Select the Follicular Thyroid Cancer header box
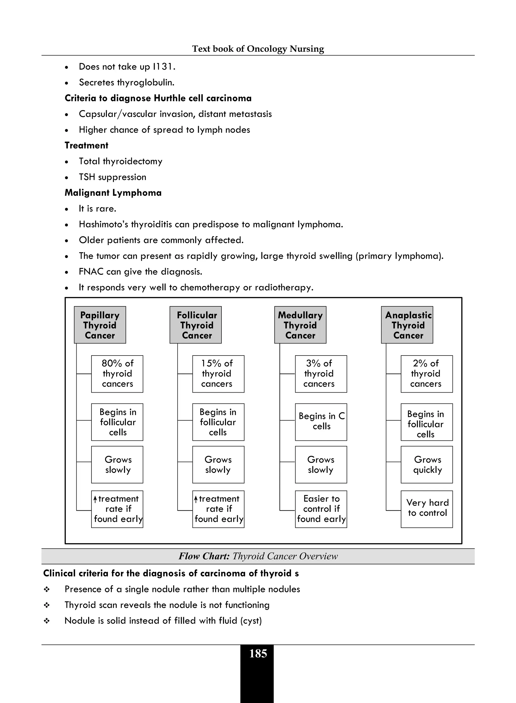[x=196, y=325]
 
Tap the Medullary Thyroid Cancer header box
[x=300, y=325]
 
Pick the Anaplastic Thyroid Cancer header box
[x=407, y=325]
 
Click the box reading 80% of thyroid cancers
[x=117, y=374]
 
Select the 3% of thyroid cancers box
[x=321, y=374]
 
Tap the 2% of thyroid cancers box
[x=426, y=374]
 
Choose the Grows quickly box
[x=426, y=465]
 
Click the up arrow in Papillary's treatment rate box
[x=95, y=499]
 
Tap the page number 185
[x=258, y=654]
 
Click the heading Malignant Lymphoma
[x=113, y=193]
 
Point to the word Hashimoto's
[x=103, y=224]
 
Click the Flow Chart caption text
[x=258, y=556]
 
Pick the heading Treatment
[x=86, y=146]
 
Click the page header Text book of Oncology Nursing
[x=258, y=49]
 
